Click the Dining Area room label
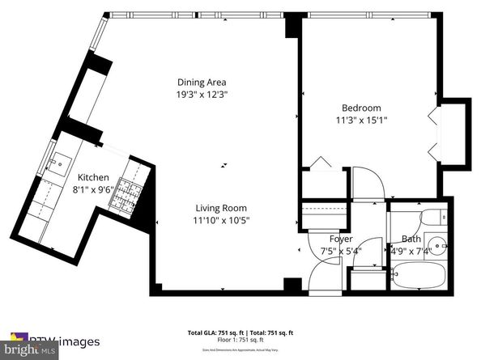coord(202,82)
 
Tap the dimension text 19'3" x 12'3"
coord(202,94)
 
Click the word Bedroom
coord(361,108)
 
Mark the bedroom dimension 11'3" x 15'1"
coord(361,120)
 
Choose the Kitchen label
coord(94,178)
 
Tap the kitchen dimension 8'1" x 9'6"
coord(94,190)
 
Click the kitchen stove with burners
coord(125,194)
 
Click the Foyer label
coord(340,239)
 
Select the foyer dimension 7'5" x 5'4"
coord(340,250)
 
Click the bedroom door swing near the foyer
coord(365,184)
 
